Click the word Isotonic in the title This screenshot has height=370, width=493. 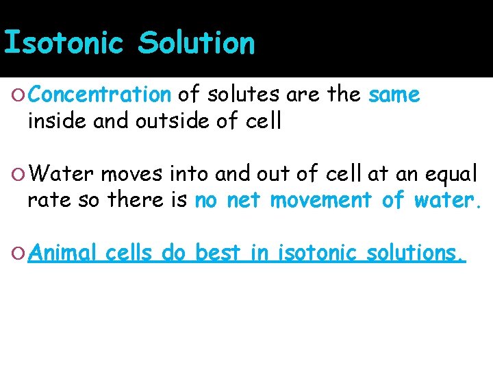pos(64,42)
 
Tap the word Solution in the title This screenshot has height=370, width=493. pos(196,42)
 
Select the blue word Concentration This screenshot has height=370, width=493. pos(100,95)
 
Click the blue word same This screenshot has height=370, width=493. pos(394,95)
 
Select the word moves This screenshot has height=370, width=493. pos(127,175)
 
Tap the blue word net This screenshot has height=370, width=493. pos(244,201)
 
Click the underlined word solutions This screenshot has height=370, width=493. pos(416,253)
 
